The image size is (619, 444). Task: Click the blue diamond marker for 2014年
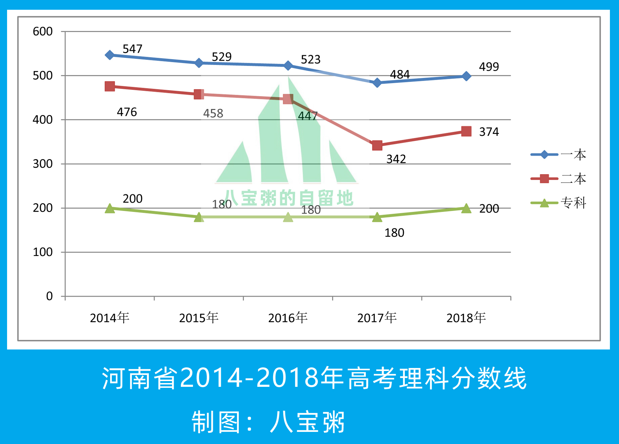[109, 55]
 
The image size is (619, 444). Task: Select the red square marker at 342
[377, 145]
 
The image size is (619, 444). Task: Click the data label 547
[132, 49]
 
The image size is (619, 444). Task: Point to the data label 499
[489, 67]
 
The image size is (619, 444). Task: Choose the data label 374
[489, 132]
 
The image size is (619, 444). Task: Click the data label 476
[127, 112]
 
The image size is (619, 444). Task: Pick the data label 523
[310, 60]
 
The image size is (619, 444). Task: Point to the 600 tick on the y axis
[42, 32]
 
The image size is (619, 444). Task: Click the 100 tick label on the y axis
[42, 252]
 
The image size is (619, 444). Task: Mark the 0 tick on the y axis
[49, 296]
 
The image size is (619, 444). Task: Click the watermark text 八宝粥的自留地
[288, 198]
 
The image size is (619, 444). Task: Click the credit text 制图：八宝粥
[268, 422]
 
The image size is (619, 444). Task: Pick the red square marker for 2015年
[199, 95]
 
